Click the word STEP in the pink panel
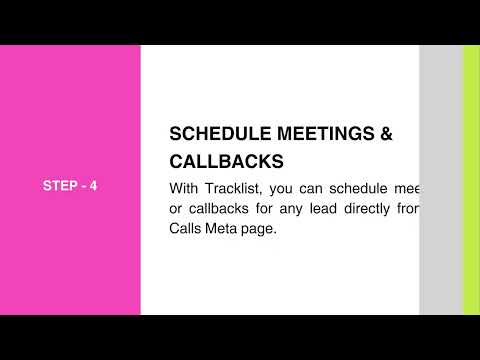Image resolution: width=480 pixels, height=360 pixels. [58, 186]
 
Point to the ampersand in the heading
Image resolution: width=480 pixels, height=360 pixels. [387, 135]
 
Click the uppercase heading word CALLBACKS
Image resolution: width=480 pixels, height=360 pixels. [226, 162]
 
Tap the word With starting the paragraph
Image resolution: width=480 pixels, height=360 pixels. [184, 189]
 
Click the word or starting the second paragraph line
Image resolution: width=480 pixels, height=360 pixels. [175, 209]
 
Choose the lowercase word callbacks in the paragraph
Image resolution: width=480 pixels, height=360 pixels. [223, 209]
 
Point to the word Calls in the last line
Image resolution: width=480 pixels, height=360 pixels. [185, 229]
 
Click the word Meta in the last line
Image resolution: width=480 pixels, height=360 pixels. [224, 229]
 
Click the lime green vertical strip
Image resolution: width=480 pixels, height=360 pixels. [471, 180]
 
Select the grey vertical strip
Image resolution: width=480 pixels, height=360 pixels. [440, 180]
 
